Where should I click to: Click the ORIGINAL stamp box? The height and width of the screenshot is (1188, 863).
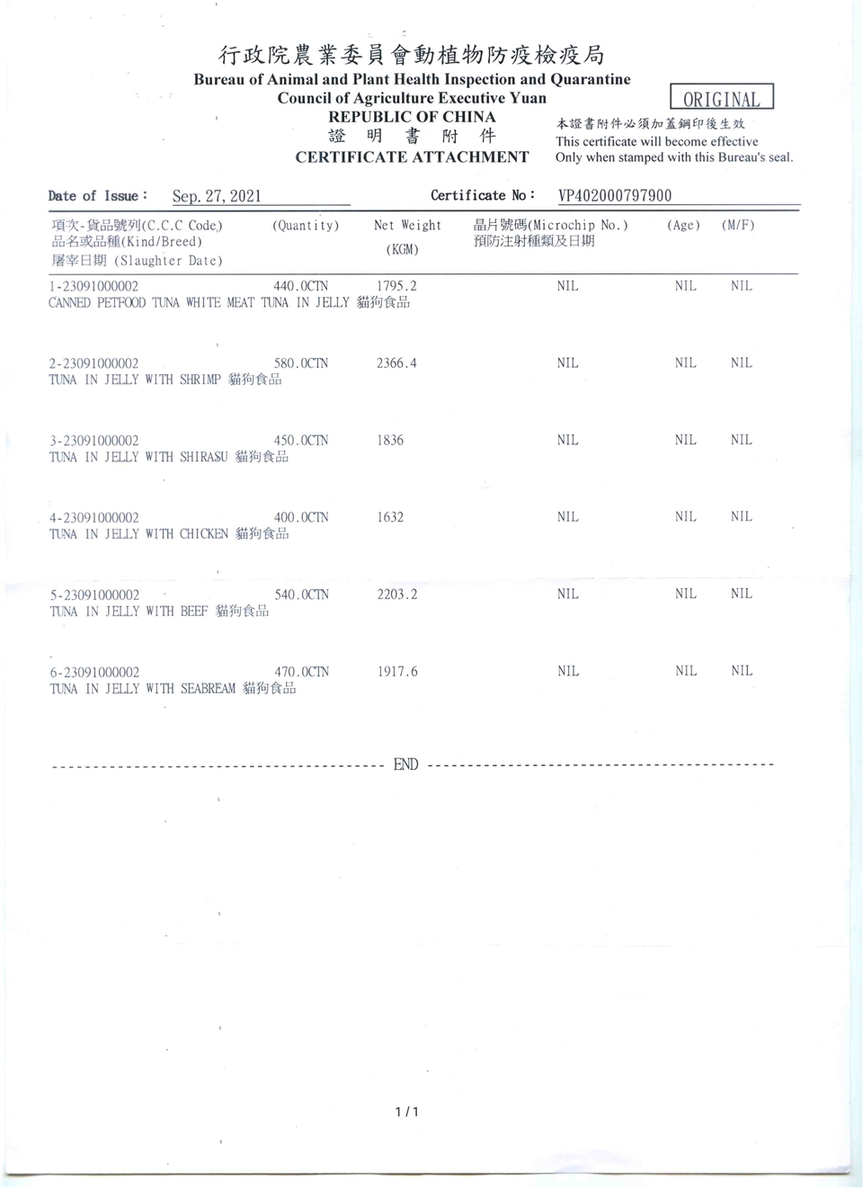pyautogui.click(x=721, y=97)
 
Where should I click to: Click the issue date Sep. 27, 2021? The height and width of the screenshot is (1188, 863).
pyautogui.click(x=217, y=196)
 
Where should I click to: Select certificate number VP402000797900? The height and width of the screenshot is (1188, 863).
pyautogui.click(x=615, y=196)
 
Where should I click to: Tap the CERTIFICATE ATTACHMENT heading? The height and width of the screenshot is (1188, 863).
pyautogui.click(x=412, y=157)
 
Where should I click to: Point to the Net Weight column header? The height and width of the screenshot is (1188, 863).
pyautogui.click(x=407, y=226)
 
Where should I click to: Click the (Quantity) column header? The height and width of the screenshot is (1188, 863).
pyautogui.click(x=306, y=226)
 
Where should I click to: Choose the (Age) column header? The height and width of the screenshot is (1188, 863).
pyautogui.click(x=683, y=226)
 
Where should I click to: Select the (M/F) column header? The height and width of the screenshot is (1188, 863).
pyautogui.click(x=738, y=226)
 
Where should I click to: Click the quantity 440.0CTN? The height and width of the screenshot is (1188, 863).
pyautogui.click(x=300, y=286)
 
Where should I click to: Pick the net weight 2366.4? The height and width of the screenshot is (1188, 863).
pyautogui.click(x=396, y=363)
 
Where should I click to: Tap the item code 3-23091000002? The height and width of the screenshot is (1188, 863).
pyautogui.click(x=94, y=441)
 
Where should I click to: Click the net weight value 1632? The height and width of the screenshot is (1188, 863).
pyautogui.click(x=390, y=517)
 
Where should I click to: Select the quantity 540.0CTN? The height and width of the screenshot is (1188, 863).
pyautogui.click(x=301, y=594)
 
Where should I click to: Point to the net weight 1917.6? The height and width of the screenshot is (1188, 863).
pyautogui.click(x=396, y=672)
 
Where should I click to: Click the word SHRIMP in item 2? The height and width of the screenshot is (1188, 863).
pyautogui.click(x=200, y=380)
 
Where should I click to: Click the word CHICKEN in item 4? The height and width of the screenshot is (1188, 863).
pyautogui.click(x=204, y=534)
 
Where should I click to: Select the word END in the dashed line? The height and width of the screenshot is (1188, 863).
pyautogui.click(x=405, y=764)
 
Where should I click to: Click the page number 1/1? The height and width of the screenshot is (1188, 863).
pyautogui.click(x=406, y=1112)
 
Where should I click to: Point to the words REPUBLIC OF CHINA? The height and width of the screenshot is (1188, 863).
pyautogui.click(x=412, y=117)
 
